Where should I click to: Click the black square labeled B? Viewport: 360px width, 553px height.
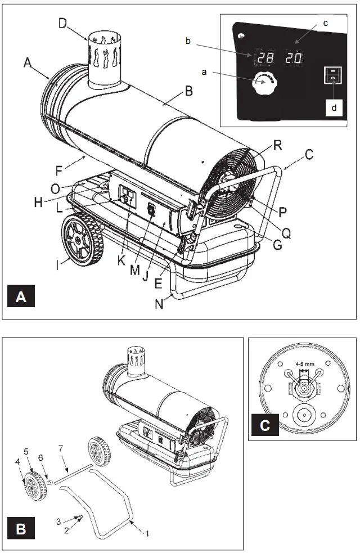click(x=21, y=528)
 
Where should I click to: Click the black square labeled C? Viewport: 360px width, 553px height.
click(x=265, y=423)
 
